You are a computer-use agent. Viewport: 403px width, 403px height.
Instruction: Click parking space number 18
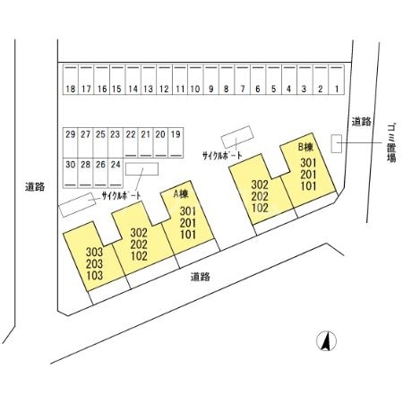(71, 80)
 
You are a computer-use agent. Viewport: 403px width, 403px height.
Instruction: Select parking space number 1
(337, 80)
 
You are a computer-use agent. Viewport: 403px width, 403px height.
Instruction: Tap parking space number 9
(211, 80)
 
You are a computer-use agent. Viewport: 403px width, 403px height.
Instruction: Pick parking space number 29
(71, 142)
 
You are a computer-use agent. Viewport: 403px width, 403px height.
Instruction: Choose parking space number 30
(71, 173)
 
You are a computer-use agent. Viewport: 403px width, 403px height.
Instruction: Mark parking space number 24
(116, 173)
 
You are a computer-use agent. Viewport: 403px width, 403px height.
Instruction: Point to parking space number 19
(176, 142)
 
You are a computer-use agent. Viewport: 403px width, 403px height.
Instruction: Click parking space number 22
(131, 142)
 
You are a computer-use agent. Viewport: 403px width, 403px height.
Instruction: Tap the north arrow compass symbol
(326, 341)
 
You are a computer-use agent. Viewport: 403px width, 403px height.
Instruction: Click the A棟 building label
(181, 194)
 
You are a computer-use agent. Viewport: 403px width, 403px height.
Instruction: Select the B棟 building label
(306, 147)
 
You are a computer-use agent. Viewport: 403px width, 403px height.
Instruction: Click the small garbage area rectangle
(337, 144)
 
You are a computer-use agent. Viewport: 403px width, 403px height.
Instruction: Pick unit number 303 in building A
(94, 252)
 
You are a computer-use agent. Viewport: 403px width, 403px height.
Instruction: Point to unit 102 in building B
(260, 208)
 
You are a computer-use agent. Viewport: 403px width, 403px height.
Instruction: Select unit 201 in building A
(188, 223)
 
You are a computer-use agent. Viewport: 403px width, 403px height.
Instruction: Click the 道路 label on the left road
(35, 187)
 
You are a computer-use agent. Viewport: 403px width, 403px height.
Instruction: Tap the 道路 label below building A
(201, 277)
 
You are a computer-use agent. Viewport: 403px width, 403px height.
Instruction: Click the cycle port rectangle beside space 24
(141, 169)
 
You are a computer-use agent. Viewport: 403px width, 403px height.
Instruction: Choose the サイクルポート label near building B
(222, 155)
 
